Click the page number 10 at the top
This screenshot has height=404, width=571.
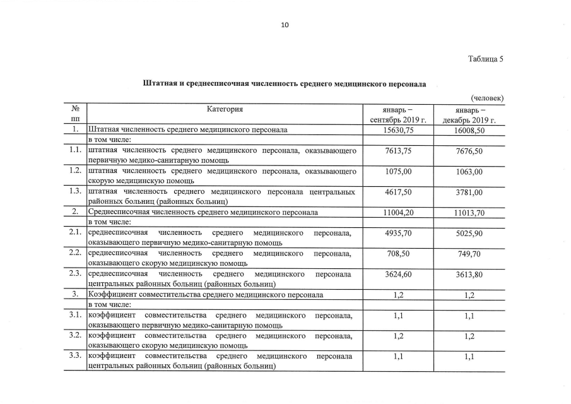[x=285, y=25]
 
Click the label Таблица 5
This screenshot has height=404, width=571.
[x=485, y=59]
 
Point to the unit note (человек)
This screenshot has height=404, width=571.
[x=487, y=98]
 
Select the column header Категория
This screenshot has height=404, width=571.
[x=225, y=109]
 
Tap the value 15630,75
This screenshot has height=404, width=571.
[x=398, y=129]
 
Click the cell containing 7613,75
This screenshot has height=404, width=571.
[x=398, y=151]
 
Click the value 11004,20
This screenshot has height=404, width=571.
[x=398, y=213]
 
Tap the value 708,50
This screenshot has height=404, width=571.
[x=398, y=254]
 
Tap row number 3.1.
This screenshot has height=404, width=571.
[x=75, y=315]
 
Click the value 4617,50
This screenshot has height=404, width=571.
[x=398, y=192]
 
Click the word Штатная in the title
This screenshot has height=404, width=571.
[x=160, y=83]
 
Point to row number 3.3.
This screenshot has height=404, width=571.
[x=75, y=356]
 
